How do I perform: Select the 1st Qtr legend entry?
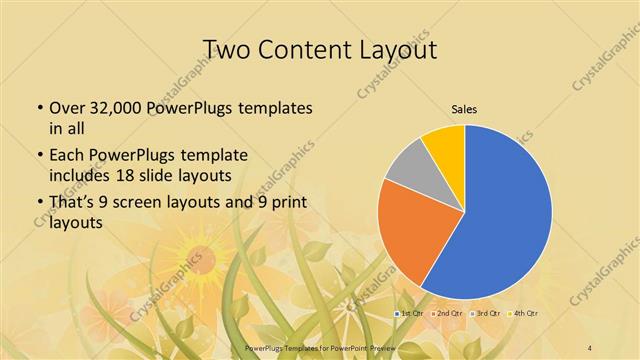coord(411,314)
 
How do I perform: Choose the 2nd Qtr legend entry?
coord(447,314)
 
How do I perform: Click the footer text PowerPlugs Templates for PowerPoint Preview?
coord(319,348)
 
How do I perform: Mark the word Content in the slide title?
coord(298,49)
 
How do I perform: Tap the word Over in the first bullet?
coord(67,107)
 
